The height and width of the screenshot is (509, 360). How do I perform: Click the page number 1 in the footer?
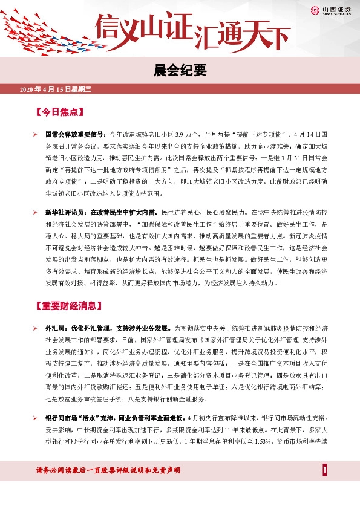[x=325, y=470]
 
